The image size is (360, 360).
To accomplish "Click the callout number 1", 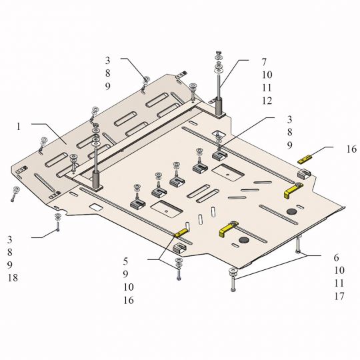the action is (x=19, y=127).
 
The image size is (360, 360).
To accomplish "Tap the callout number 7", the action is (x=264, y=62).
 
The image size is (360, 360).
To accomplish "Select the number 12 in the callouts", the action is (x=267, y=101).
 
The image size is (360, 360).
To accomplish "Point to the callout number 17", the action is (x=339, y=296).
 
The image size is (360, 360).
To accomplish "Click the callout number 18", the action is (x=13, y=278).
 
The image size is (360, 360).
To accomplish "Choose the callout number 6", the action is (x=337, y=258).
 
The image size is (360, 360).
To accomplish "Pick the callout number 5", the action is (x=125, y=261).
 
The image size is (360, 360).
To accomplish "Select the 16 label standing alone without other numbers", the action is (x=351, y=149).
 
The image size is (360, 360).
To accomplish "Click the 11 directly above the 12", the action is (x=267, y=88).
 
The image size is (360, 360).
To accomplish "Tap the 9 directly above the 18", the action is (x=9, y=265).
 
